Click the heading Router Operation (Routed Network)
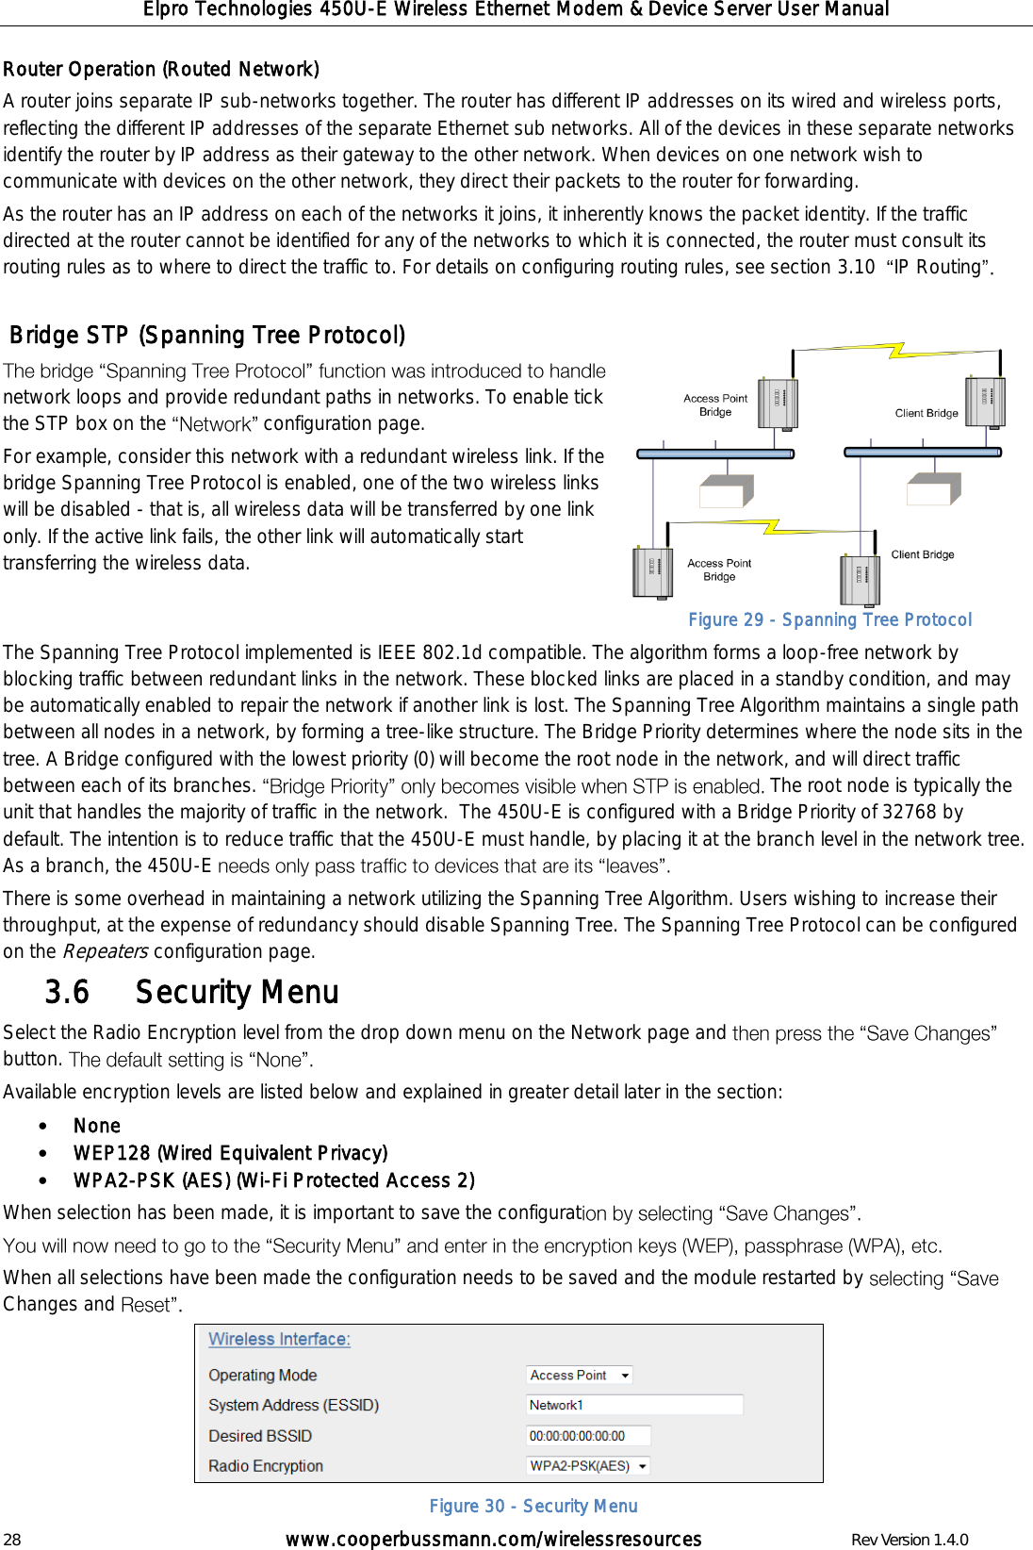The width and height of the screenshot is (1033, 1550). pos(161,70)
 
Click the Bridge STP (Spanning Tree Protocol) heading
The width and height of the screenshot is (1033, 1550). pos(207,336)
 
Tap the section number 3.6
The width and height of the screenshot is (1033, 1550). pos(67,993)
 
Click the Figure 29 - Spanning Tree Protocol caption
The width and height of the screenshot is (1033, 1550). pos(829,620)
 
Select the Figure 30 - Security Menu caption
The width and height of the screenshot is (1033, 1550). pos(533,1507)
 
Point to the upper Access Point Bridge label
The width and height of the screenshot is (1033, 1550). pos(715,405)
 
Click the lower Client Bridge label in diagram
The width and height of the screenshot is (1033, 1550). pos(923,555)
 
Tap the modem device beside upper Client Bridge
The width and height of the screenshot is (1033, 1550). pos(985,403)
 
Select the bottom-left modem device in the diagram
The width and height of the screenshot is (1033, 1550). pos(652,573)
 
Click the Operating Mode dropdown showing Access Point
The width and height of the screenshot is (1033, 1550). pos(579,1376)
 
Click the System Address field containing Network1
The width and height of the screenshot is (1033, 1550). pos(634,1406)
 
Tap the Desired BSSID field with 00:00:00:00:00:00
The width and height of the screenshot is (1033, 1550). pos(588,1437)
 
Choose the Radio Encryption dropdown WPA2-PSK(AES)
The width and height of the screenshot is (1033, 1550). pos(588,1467)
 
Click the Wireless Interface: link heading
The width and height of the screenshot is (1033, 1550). pos(279,1340)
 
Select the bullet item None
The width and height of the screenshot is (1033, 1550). pos(97,1127)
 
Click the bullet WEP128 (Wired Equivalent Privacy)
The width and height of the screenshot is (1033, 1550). pos(230,1154)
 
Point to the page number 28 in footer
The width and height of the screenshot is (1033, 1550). pos(12,1540)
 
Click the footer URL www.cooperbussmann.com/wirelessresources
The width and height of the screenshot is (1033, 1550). pos(493,1540)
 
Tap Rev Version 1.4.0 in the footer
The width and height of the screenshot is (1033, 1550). pos(909,1540)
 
